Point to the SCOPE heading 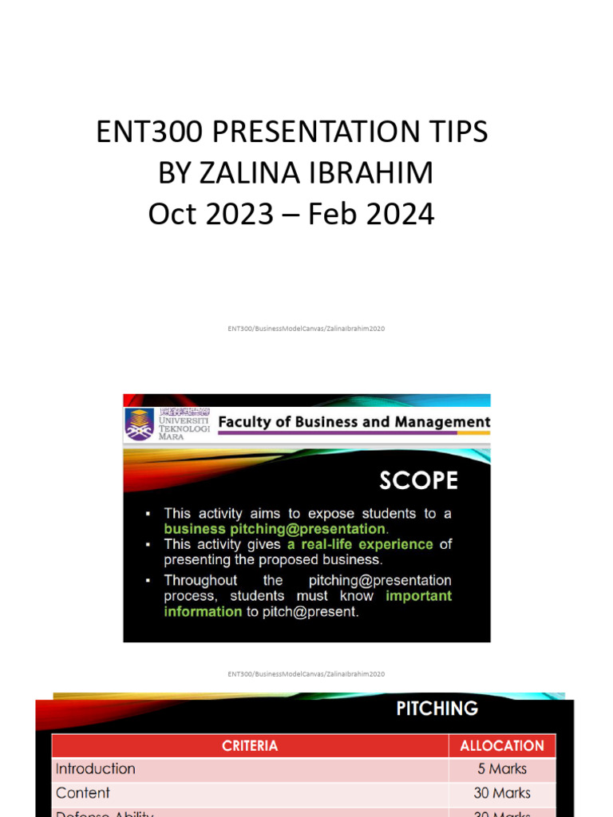(418, 480)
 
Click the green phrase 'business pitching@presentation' (275, 529)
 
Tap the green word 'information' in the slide (203, 611)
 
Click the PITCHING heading (437, 708)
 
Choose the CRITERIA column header (250, 746)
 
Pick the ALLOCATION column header (502, 746)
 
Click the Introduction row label (95, 769)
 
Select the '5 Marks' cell (502, 769)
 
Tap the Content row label (83, 793)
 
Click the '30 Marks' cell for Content (502, 793)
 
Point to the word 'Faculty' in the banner (247, 422)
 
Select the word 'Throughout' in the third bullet (200, 580)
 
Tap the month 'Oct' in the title (172, 214)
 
